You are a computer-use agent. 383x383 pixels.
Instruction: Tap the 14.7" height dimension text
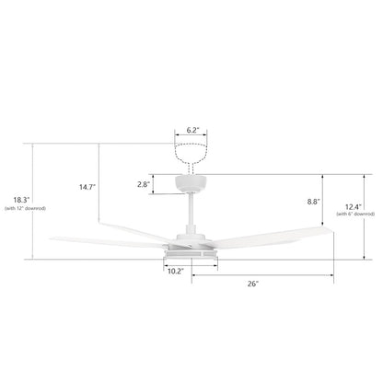tap(88, 187)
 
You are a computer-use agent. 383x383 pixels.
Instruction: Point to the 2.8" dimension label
tap(143, 184)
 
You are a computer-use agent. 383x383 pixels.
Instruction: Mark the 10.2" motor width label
tap(175, 272)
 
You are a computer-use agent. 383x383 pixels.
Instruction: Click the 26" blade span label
tap(251, 284)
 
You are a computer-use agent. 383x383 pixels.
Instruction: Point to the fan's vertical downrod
tap(191, 215)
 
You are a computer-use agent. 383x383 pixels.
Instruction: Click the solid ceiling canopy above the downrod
tap(191, 182)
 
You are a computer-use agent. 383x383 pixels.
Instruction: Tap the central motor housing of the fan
tap(191, 248)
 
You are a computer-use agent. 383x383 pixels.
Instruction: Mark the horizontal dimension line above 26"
tap(262, 274)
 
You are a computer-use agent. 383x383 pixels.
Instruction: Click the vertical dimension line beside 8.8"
tap(322, 201)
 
